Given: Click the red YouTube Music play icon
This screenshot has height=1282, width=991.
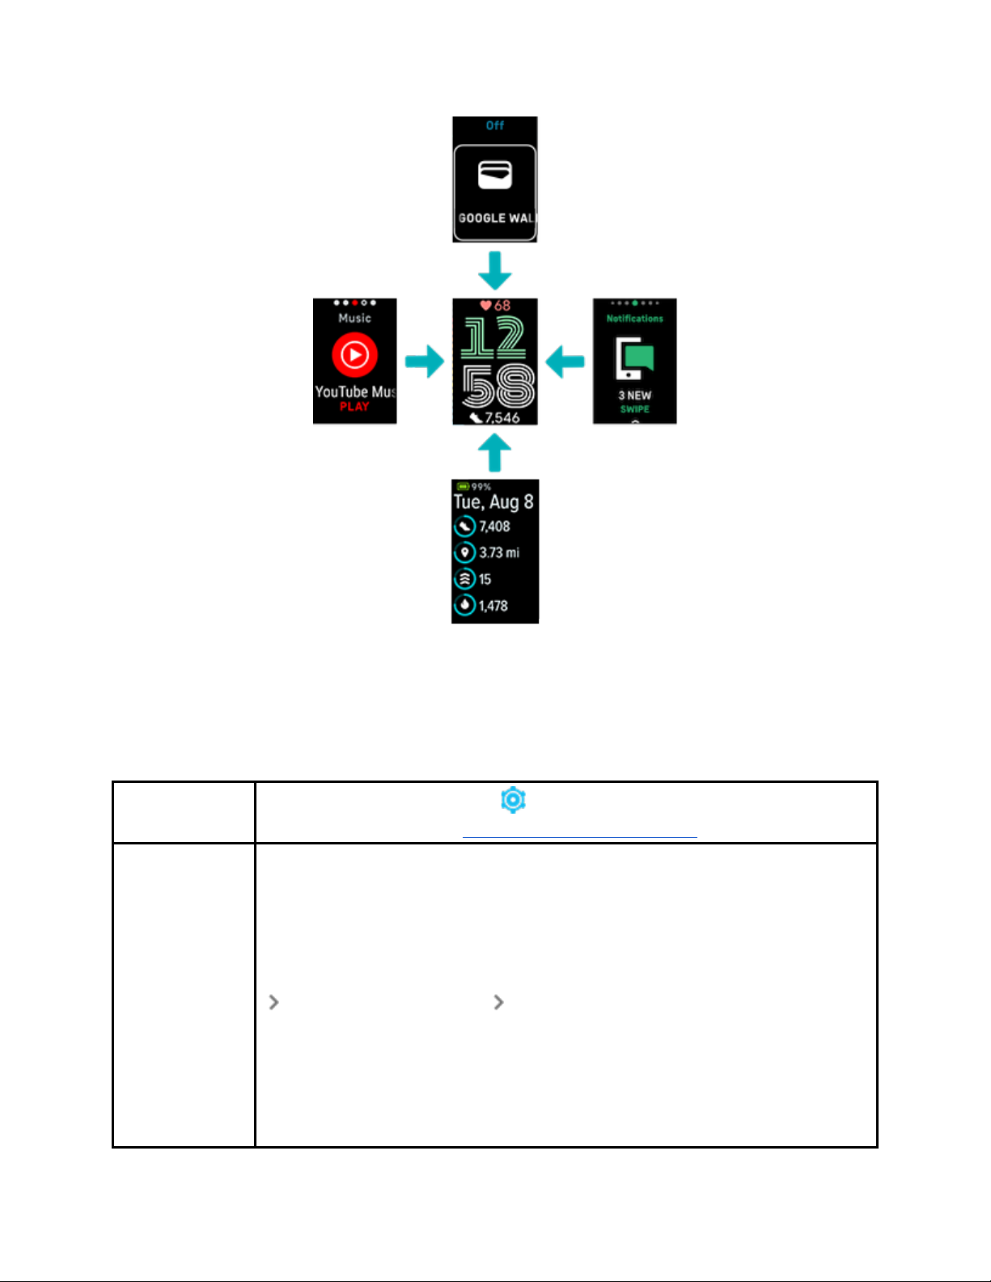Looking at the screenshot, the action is tap(354, 354).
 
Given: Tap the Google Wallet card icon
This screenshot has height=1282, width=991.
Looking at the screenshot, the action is tap(494, 174).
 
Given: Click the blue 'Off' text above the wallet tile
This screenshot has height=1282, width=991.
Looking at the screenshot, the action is tap(494, 125).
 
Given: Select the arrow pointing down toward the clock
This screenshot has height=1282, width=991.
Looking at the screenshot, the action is tap(494, 270).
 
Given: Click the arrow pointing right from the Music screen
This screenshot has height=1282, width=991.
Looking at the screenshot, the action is tap(424, 362).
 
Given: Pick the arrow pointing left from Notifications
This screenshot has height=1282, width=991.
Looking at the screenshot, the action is tap(565, 362).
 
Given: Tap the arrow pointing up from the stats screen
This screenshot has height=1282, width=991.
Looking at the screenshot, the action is tap(494, 453).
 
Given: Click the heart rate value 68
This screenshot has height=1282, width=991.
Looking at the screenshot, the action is tap(502, 306).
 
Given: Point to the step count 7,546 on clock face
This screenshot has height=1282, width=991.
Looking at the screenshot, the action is tap(502, 417).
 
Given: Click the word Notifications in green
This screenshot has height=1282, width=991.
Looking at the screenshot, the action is tap(634, 319).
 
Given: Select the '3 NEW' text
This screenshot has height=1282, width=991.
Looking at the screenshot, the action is tap(634, 396).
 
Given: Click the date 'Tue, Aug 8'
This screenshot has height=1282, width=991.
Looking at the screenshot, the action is tap(493, 502).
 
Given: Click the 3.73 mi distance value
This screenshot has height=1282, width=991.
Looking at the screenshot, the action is tap(499, 553).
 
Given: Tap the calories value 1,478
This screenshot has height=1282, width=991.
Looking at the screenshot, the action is tap(493, 606).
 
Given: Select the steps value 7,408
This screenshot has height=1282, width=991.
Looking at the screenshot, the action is tap(494, 527).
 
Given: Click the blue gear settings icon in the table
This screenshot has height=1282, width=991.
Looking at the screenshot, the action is tap(513, 800).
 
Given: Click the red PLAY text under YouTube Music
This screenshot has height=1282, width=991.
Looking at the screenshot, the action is tap(354, 407).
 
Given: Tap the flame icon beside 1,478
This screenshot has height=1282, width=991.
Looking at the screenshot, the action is tap(464, 605).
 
